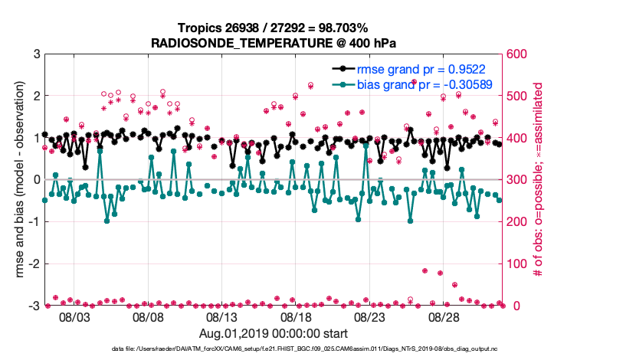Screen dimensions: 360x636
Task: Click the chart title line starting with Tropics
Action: point(274,29)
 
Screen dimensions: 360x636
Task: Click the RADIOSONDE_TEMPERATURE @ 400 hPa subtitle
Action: point(274,43)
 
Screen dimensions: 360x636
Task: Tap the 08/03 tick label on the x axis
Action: point(74,316)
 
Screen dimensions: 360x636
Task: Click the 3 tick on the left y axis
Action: point(36,54)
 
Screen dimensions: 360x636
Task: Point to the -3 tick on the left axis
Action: point(34,306)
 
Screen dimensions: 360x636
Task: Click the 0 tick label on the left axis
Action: point(36,180)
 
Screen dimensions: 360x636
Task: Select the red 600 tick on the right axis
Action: point(517,54)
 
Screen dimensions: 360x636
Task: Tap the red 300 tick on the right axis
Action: point(517,180)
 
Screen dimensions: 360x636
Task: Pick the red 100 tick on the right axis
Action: point(517,263)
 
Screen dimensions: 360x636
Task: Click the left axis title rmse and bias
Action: point(15,180)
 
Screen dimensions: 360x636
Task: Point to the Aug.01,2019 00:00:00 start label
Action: point(274,333)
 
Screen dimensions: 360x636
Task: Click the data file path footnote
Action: point(274,349)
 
